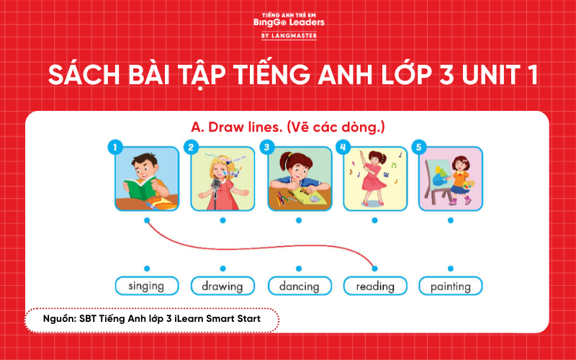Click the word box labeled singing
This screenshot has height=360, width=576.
pos(145,286)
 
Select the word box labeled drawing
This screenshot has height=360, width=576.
pos(222,286)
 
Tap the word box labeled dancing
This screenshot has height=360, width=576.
pos(298,286)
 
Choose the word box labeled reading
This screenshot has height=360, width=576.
pos(374,286)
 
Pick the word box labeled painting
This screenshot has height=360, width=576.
pos(450,286)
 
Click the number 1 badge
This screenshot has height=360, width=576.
pos(114,148)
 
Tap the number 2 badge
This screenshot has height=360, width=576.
pos(190,148)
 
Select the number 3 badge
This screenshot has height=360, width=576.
pos(266,148)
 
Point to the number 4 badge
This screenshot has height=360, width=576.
pos(343,148)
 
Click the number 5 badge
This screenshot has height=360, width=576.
pos(418,148)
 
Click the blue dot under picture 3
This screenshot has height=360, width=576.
pos(298,220)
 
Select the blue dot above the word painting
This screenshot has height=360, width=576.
pos(450,268)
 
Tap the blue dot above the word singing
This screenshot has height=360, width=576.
pos(146,268)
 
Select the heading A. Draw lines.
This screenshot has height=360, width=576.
pos(288,127)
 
